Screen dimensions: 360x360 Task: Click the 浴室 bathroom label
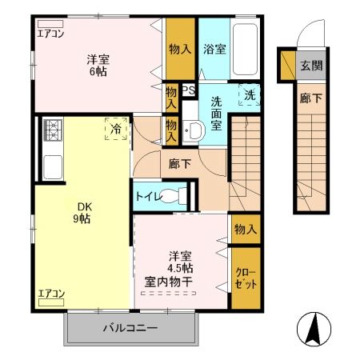(x=214, y=49)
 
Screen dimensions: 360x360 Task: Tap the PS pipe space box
(x=189, y=90)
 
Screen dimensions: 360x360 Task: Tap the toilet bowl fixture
(x=183, y=194)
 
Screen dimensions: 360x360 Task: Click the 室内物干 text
(x=180, y=282)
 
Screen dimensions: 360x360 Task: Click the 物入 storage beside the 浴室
(x=180, y=49)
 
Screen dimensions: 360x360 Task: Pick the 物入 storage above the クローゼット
(x=246, y=229)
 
